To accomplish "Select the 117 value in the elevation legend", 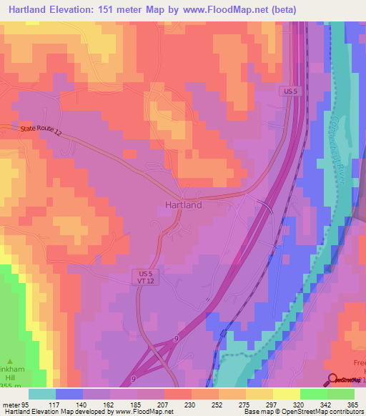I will pos(55,404).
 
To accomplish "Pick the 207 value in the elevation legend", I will pos(164,404).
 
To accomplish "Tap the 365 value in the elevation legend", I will pos(354,404).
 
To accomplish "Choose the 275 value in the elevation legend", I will pos(245,404).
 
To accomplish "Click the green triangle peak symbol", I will pos(10,362).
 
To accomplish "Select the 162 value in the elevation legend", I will pos(109,404).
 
